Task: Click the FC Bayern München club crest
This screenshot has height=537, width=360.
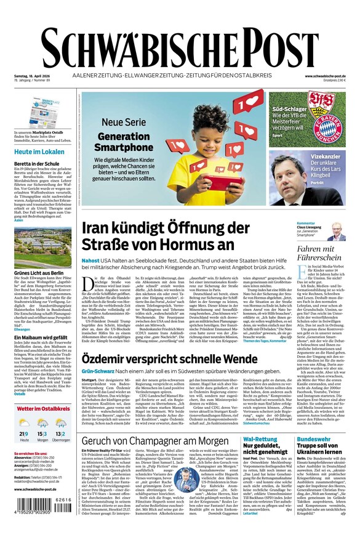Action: coord(330,126)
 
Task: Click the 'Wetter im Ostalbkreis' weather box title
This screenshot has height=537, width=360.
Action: coord(43,408)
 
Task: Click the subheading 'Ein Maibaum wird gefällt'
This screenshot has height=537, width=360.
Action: coord(41,338)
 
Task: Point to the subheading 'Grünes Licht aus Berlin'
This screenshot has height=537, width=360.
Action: coord(39,272)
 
